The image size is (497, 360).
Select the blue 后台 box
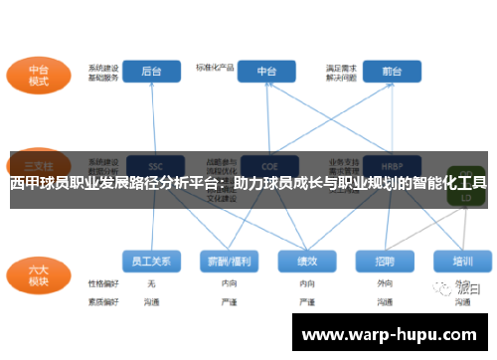tap(152, 71)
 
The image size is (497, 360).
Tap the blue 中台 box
tap(266, 71)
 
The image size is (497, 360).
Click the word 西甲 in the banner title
tap(25, 183)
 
